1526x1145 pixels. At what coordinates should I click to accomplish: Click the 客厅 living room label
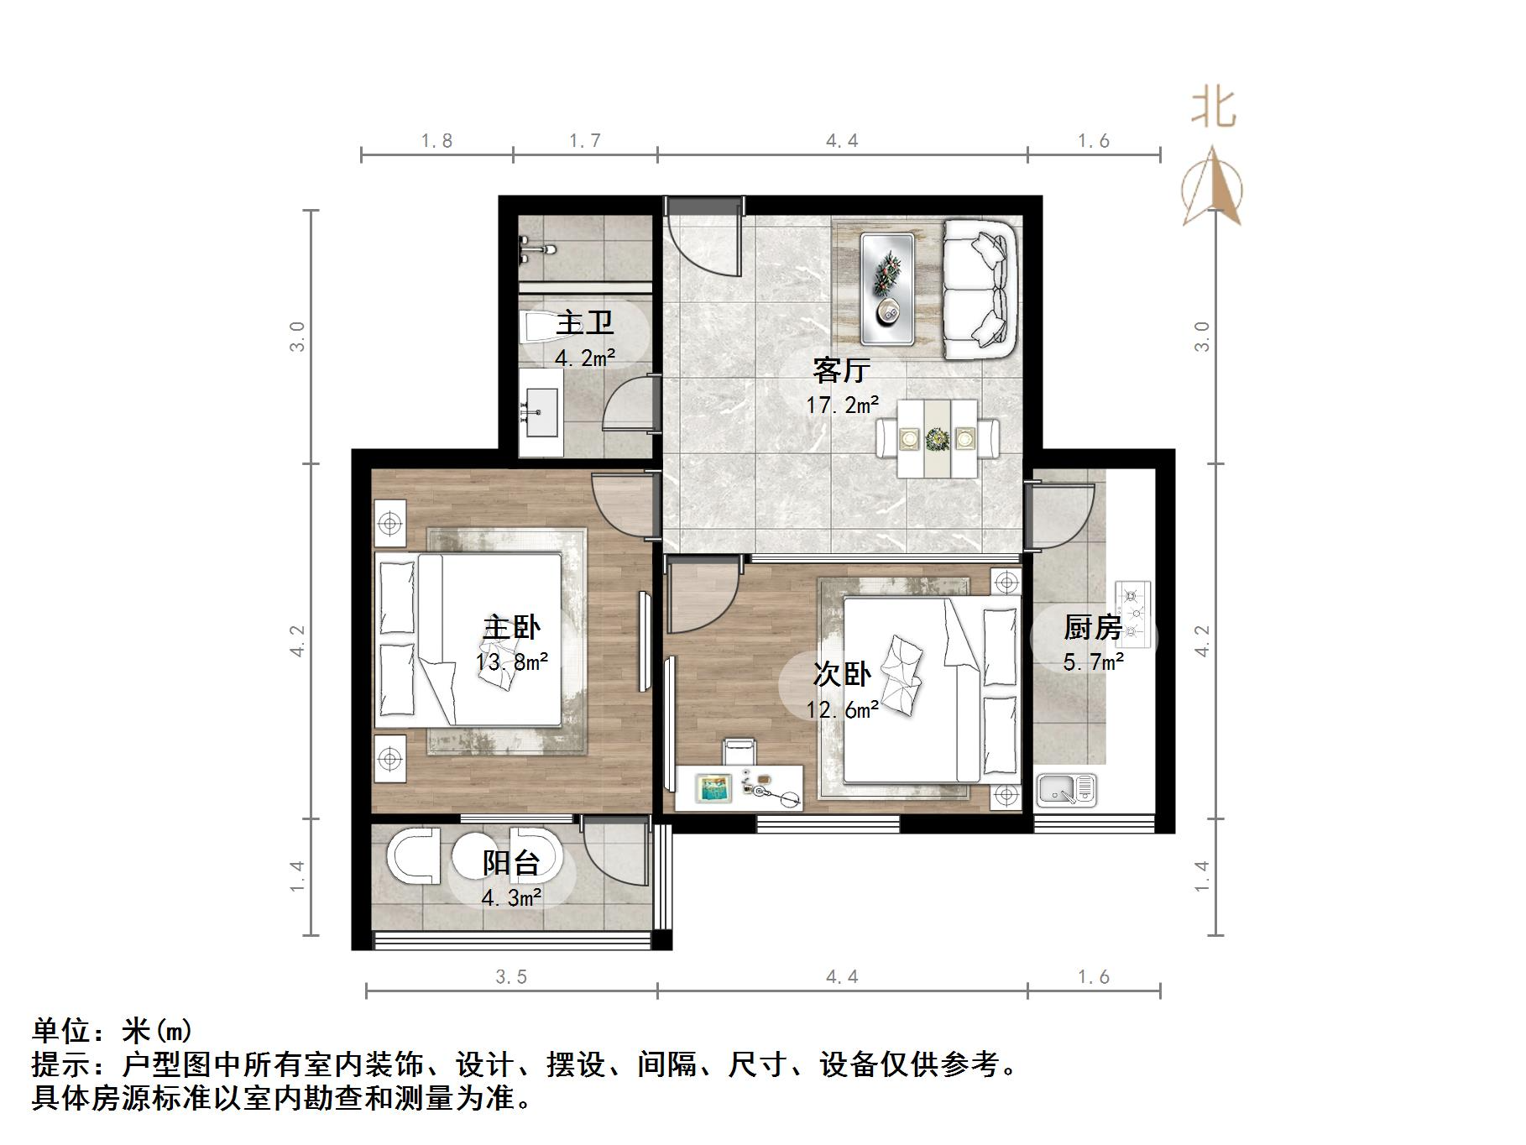click(x=841, y=370)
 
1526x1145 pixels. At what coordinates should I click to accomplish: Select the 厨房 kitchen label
click(x=1092, y=627)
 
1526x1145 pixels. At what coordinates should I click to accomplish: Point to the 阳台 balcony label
click(x=510, y=863)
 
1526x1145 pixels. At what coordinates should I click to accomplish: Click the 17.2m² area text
click(x=843, y=406)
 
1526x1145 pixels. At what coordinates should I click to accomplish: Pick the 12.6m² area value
click(x=843, y=710)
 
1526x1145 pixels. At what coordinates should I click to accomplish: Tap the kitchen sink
click(x=1066, y=790)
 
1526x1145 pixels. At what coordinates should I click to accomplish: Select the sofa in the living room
click(x=980, y=290)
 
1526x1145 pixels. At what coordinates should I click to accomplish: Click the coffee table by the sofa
click(x=886, y=287)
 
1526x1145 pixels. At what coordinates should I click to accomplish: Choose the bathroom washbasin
click(x=541, y=413)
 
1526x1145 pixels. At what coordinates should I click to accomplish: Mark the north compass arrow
click(x=1212, y=188)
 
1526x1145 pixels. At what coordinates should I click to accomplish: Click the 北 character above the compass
click(x=1214, y=109)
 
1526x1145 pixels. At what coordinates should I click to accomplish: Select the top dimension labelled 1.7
click(x=585, y=141)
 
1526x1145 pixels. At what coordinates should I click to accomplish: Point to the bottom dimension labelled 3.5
click(x=511, y=977)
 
